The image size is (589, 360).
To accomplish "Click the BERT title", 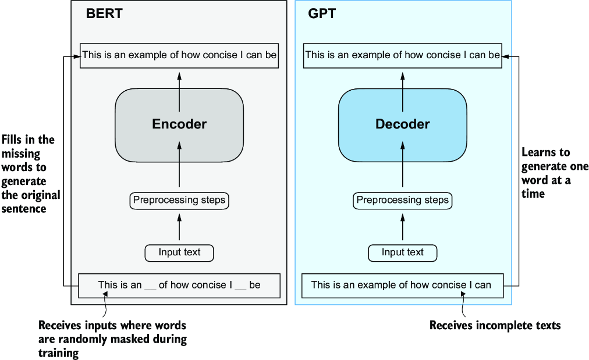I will click(x=105, y=13).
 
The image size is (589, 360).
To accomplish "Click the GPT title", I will click(x=322, y=13).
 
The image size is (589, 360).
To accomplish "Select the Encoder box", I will click(x=179, y=124).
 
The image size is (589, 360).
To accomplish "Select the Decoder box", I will click(x=403, y=124).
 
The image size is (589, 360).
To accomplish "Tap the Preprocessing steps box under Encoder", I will click(x=179, y=201).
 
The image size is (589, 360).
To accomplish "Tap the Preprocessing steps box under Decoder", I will click(x=403, y=201).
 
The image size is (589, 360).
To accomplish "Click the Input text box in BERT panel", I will click(x=179, y=252).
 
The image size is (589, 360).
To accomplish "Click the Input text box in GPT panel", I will click(x=403, y=252).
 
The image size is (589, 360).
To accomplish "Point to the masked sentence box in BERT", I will click(x=179, y=285).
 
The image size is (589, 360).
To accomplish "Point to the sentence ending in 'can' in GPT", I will click(x=402, y=285).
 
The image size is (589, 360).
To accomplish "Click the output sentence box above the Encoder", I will click(x=179, y=56).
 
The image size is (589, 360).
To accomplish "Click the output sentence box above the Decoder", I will click(x=403, y=56).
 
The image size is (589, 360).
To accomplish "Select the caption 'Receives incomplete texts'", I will click(x=495, y=326).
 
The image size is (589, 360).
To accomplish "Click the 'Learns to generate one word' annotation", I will click(x=554, y=173).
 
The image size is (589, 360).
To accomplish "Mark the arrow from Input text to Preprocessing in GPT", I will click(x=403, y=227).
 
